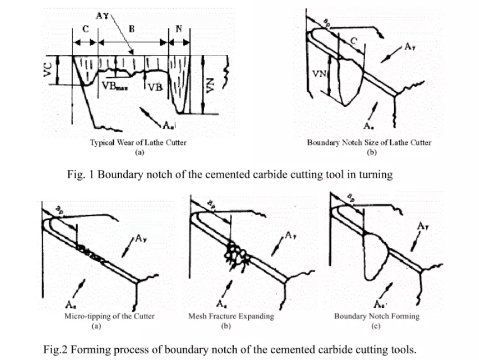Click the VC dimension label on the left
[x=48, y=71]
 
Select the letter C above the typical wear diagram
[x=85, y=30]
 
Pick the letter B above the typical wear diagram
[x=131, y=30]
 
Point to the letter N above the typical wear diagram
[x=179, y=30]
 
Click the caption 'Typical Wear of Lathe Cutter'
[x=138, y=143]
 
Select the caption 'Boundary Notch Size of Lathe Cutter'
[x=369, y=143]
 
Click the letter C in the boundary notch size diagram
[x=353, y=40]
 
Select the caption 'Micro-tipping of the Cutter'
[x=109, y=317]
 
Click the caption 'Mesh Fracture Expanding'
[x=231, y=317]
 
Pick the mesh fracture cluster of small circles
[x=237, y=253]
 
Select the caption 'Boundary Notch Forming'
[x=376, y=317]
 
